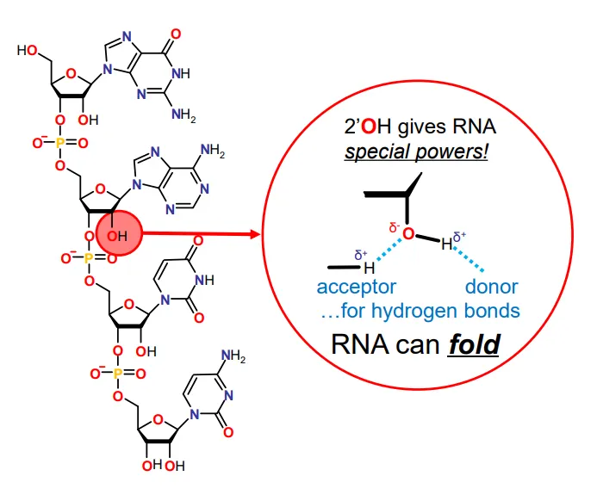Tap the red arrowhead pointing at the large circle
click(x=253, y=233)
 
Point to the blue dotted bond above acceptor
click(x=384, y=255)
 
